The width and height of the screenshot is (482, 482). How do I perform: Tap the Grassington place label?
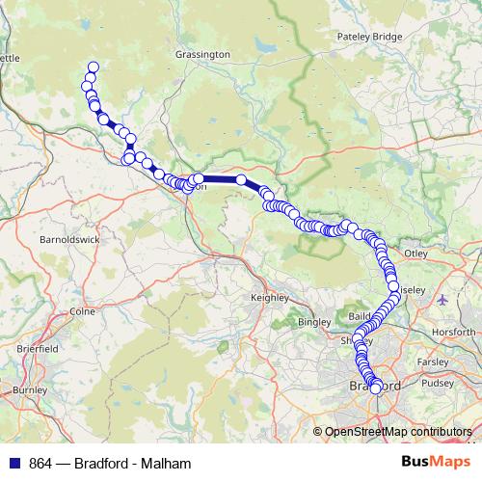click(x=202, y=55)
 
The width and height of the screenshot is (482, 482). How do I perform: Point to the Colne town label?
click(x=81, y=311)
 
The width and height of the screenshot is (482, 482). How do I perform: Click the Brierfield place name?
click(x=38, y=347)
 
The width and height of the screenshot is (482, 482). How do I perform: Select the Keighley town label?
click(x=270, y=298)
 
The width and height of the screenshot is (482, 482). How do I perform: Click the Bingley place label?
click(x=314, y=321)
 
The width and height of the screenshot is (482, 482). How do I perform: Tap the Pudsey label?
click(x=437, y=383)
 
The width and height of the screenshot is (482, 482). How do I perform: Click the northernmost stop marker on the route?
click(x=94, y=67)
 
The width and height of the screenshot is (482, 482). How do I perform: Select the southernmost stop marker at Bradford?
click(x=375, y=389)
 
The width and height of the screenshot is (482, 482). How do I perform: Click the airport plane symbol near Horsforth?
click(x=442, y=298)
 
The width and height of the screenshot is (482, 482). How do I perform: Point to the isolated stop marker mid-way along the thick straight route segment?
click(x=241, y=179)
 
